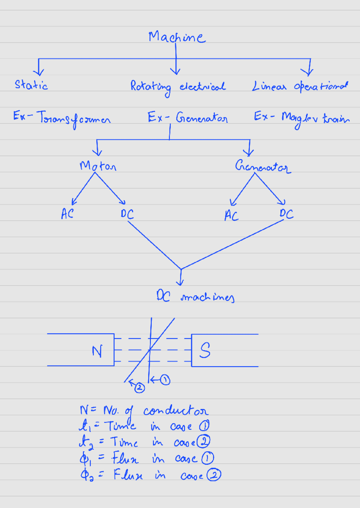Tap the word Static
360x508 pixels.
[x=31, y=85]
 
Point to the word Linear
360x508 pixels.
[x=269, y=86]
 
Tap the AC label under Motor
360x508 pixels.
[x=67, y=214]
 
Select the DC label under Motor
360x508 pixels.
[x=127, y=214]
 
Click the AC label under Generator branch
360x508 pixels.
[x=232, y=215]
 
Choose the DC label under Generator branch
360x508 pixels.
[x=286, y=214]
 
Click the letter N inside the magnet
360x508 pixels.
[x=97, y=351]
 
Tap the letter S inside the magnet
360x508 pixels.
[x=205, y=350]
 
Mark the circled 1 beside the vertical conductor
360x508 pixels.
[x=165, y=380]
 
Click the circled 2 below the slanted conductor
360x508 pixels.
[x=139, y=388]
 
